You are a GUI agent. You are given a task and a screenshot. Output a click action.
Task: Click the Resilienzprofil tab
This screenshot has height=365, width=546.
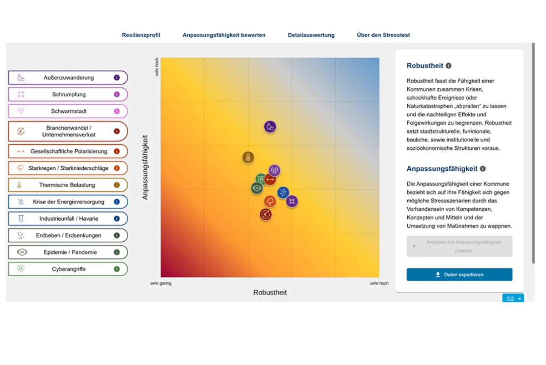point(141,35)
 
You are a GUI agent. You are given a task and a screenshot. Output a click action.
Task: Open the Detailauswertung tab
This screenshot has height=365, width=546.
point(311,35)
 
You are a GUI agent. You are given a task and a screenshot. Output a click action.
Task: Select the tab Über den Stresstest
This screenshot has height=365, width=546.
point(383,35)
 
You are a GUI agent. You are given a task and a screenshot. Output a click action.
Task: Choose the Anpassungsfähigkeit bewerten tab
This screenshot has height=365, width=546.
point(224,35)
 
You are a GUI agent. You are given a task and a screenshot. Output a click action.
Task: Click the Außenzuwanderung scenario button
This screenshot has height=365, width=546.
point(68,78)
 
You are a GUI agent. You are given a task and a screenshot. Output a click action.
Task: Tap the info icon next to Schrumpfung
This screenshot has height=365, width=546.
point(116,95)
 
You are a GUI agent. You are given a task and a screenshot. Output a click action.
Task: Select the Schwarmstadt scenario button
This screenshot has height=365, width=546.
point(68,112)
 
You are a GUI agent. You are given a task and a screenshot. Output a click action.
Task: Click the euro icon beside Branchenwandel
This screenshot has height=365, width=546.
point(21,132)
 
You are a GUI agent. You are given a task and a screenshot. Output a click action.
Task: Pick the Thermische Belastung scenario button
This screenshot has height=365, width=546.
point(68,185)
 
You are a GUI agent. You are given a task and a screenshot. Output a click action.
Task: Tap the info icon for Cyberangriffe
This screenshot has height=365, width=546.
point(116,269)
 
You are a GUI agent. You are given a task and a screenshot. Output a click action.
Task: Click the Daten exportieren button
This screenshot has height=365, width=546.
point(459,275)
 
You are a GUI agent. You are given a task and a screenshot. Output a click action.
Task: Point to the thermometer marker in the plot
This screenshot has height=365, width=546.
point(248,158)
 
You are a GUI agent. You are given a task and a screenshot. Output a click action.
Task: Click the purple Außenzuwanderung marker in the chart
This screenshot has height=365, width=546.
point(270,127)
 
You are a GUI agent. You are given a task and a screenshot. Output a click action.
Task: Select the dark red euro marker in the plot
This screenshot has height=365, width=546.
point(266,214)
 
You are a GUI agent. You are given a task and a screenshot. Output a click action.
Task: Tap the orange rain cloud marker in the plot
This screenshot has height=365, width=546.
point(270,201)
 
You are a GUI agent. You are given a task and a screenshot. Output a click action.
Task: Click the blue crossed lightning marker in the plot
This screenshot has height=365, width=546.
point(283,193)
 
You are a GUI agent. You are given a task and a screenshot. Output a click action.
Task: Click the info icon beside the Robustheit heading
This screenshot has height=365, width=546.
point(449,66)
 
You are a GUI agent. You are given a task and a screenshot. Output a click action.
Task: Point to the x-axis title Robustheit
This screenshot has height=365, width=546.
point(270,293)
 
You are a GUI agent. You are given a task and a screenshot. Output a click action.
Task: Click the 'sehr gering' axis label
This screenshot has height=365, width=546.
point(161,283)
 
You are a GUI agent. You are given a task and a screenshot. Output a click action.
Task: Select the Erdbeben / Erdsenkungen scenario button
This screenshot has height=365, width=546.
point(68,236)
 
